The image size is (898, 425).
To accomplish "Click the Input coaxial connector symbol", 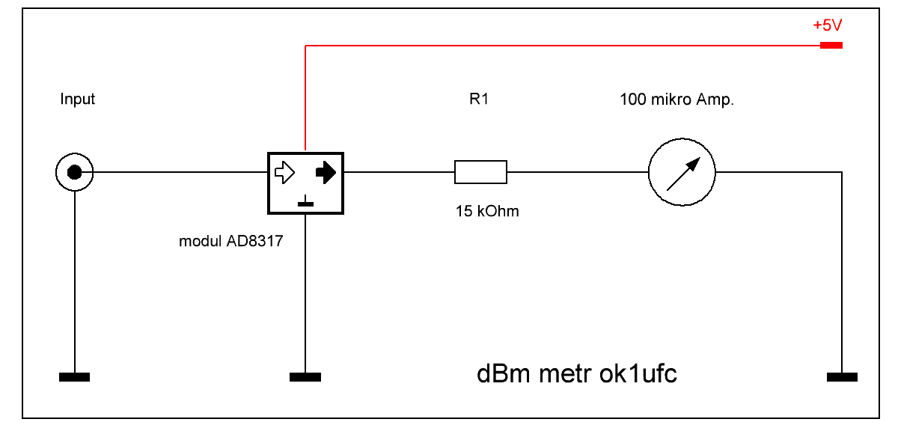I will click(74, 173).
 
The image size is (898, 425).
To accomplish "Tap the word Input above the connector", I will click(78, 99).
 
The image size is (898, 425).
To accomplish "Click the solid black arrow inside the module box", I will click(326, 173).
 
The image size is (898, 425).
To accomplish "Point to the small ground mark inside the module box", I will click(306, 201).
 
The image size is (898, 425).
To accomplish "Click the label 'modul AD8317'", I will click(230, 242).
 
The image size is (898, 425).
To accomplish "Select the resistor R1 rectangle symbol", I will click(480, 172).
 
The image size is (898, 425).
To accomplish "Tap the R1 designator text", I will click(479, 99).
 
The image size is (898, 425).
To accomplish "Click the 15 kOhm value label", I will click(487, 212).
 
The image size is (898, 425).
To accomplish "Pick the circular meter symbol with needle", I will click(682, 172).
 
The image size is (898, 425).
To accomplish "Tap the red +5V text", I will click(828, 25).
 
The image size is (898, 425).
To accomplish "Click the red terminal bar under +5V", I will click(831, 46).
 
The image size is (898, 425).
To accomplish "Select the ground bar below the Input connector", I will click(74, 377).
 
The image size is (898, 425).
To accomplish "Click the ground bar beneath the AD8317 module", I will click(305, 377).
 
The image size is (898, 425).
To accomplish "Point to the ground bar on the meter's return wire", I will click(842, 377).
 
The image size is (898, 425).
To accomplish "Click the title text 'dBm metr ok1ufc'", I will click(577, 374).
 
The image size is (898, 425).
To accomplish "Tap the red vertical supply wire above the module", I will click(305, 97).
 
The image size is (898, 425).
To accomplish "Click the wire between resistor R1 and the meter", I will click(576, 172).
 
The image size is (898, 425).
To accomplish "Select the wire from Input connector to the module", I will click(180, 172).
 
